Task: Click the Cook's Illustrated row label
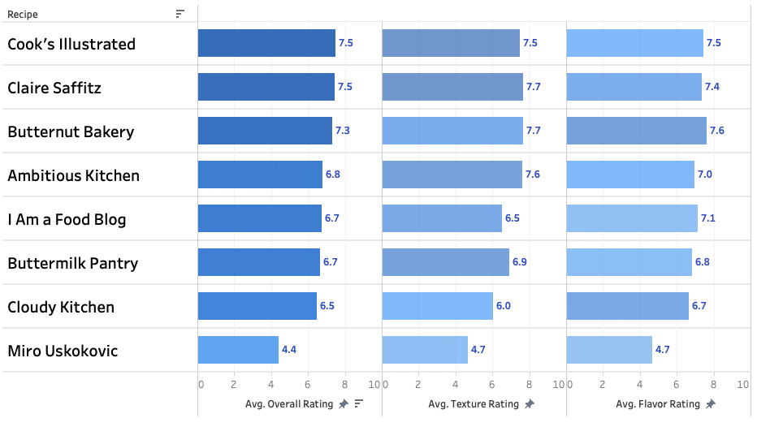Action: pyautogui.click(x=71, y=45)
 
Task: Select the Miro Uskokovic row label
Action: pyautogui.click(x=63, y=351)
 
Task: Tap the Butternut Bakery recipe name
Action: pyautogui.click(x=71, y=132)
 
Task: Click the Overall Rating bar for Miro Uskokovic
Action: pyautogui.click(x=238, y=351)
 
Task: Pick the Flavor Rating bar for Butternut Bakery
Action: pyautogui.click(x=636, y=131)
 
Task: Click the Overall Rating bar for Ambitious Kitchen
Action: pyautogui.click(x=260, y=175)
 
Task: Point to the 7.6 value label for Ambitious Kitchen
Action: pyautogui.click(x=532, y=175)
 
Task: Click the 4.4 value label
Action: pyautogui.click(x=289, y=351)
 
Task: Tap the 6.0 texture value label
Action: pyautogui.click(x=504, y=307)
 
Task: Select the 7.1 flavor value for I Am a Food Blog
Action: pyautogui.click(x=709, y=219)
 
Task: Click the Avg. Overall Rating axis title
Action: pyautogui.click(x=290, y=404)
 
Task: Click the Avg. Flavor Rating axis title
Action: pyautogui.click(x=658, y=404)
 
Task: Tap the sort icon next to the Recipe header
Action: pyautogui.click(x=180, y=14)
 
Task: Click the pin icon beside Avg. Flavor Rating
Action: pyautogui.click(x=711, y=404)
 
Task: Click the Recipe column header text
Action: pyautogui.click(x=23, y=15)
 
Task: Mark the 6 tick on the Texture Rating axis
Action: pyautogui.click(x=492, y=385)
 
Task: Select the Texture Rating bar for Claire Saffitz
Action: pyautogui.click(x=452, y=88)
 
